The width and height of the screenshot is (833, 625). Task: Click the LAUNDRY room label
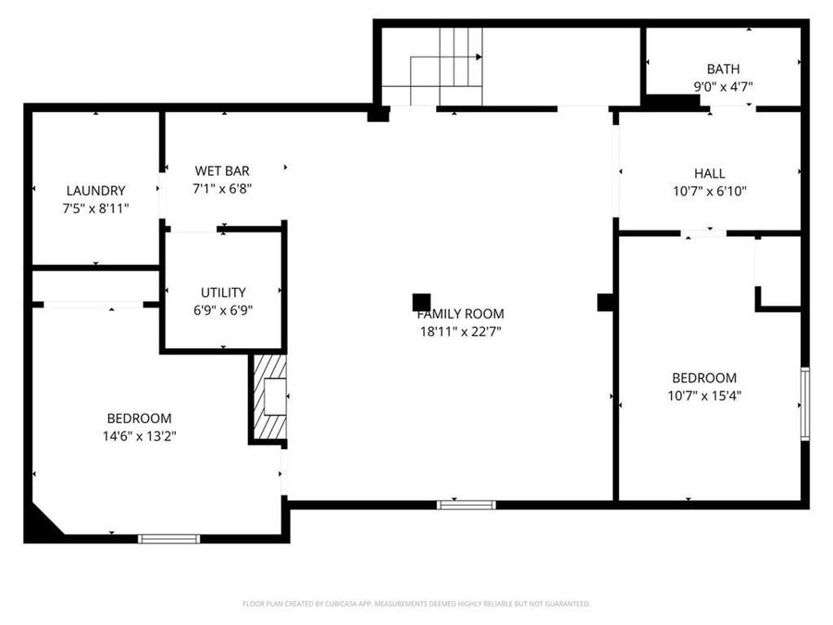tap(95, 191)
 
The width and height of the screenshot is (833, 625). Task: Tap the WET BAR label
tap(222, 170)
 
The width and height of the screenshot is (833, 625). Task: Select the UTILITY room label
tap(223, 293)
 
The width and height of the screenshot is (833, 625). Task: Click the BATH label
tap(723, 69)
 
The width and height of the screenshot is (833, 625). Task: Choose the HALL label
tap(710, 173)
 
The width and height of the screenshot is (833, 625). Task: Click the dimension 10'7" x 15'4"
tap(704, 395)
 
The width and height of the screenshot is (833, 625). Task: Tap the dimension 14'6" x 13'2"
tap(139, 436)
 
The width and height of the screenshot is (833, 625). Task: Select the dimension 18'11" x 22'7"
tap(460, 331)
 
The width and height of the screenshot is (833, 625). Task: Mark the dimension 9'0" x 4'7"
tap(723, 87)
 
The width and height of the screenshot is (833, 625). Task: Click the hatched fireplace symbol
tap(269, 397)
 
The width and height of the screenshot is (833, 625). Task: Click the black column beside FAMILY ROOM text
tap(421, 302)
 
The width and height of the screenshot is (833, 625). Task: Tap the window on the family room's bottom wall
tap(466, 505)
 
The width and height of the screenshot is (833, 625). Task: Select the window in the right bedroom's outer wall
tap(804, 404)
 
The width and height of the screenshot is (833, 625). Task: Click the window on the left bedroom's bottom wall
tap(168, 538)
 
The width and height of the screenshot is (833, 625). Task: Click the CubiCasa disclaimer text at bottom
tap(416, 604)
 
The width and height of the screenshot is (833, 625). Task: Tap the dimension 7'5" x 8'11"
tap(95, 208)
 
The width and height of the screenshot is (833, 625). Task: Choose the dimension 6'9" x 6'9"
tap(223, 311)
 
